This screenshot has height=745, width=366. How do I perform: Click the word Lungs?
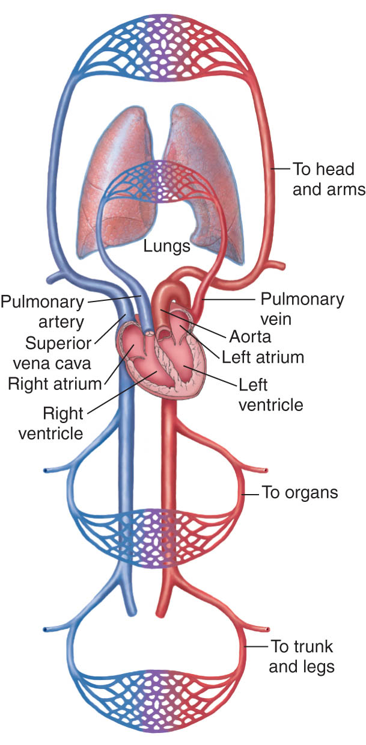click(166, 247)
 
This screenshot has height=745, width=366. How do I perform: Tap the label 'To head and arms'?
click(329, 179)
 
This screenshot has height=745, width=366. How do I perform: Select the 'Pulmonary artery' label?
click(43, 312)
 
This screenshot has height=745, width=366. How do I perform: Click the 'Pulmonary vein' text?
click(302, 309)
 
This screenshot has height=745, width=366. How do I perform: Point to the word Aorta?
click(250, 336)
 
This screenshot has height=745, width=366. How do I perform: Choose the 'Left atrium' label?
click(263, 357)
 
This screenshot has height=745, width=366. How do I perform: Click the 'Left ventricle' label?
click(271, 395)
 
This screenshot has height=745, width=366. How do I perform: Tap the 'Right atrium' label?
click(55, 383)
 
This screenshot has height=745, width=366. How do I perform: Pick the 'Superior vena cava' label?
click(52, 353)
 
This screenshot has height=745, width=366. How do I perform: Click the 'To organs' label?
click(300, 493)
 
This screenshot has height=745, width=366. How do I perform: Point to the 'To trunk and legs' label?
click(302, 657)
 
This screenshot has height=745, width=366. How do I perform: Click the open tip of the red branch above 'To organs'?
click(266, 470)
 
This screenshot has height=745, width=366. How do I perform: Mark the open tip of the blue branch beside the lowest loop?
click(45, 629)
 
